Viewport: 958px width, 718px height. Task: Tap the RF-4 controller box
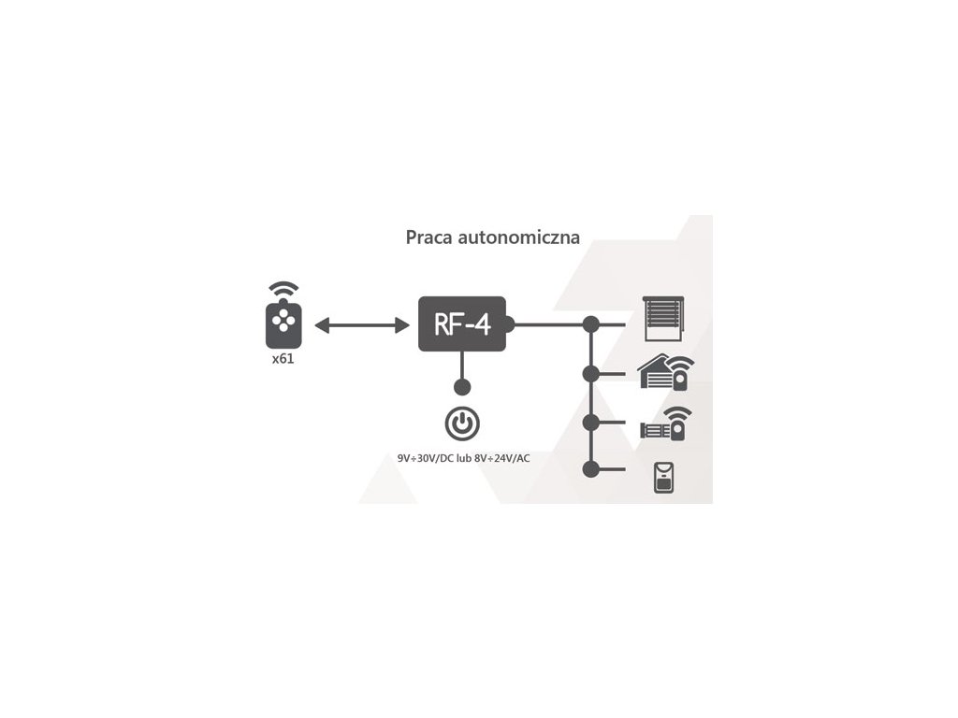[x=462, y=324]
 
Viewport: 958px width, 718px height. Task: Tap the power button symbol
[x=462, y=424]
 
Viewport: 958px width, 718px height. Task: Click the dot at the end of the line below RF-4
[x=462, y=386]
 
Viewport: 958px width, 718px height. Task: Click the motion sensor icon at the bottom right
[x=665, y=477]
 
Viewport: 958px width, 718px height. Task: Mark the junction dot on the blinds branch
[x=590, y=324]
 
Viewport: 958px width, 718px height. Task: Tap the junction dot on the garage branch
[x=590, y=374]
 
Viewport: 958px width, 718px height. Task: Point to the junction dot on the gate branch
[x=590, y=422]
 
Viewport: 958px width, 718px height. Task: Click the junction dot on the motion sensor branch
[x=590, y=468]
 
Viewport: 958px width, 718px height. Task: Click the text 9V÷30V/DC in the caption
[x=426, y=459]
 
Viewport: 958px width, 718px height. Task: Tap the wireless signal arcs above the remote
[x=284, y=291]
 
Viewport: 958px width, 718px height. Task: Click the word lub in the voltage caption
[x=464, y=459]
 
